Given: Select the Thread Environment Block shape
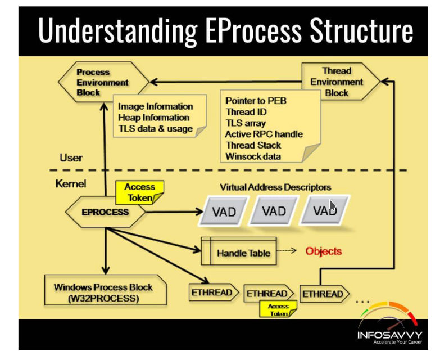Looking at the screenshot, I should (337, 82).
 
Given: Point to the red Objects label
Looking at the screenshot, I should (323, 251).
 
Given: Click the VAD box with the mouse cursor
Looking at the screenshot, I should (325, 211).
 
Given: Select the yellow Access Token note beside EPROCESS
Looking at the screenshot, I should (139, 192).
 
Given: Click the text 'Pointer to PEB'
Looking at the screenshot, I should (256, 101).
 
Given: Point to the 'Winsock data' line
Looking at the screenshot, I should (253, 156).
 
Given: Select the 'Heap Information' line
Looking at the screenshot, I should (153, 118).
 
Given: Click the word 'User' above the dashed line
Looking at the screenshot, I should (71, 157).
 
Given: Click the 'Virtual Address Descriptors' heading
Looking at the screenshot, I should (275, 187).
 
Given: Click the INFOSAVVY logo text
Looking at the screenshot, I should (390, 335).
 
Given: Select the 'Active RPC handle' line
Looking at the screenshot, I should (264, 134).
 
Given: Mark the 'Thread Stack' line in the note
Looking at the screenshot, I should (253, 145).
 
